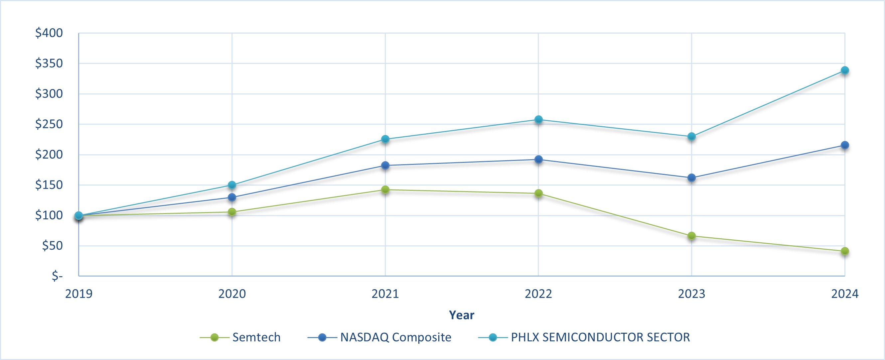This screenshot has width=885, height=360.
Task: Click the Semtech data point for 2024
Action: point(845,251)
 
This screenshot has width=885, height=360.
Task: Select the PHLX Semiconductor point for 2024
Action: point(845,70)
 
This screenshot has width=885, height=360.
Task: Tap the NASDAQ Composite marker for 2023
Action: point(691,178)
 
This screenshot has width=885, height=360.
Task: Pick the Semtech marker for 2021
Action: point(385,189)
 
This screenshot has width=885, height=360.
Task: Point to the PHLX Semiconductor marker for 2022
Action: point(538,120)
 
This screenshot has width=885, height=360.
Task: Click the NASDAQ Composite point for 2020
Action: point(232,197)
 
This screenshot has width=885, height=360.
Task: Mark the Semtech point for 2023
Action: point(691,236)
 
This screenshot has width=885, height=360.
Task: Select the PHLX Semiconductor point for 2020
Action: point(232,185)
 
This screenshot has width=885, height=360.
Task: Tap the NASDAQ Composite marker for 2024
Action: point(845,145)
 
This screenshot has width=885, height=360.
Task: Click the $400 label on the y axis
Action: point(49,33)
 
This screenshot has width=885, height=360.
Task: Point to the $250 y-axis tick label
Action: point(49,124)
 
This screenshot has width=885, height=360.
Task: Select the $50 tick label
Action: point(52,246)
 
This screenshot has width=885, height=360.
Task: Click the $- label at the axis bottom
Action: point(57,276)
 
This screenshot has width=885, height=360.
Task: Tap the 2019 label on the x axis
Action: point(79,294)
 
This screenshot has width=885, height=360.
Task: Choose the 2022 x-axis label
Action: point(538,294)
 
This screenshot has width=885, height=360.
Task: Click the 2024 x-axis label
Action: point(845,294)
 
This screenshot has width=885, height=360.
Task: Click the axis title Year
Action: point(461,315)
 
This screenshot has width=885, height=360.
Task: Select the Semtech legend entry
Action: point(256,337)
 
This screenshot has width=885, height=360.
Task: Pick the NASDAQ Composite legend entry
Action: point(395,337)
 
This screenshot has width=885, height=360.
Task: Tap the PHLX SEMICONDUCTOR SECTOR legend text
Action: point(600,337)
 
